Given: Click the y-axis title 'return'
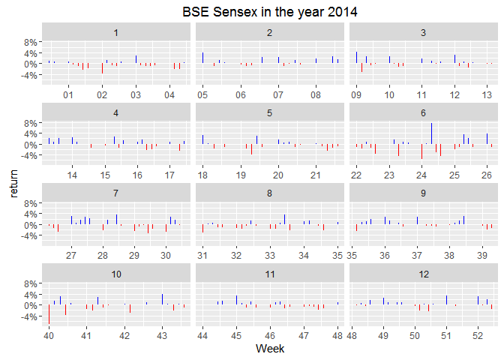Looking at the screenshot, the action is [x=13, y=184].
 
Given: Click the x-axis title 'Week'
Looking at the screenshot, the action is [x=270, y=349].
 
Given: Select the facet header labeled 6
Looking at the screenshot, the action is [x=423, y=112].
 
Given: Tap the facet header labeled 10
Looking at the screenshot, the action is [x=116, y=274].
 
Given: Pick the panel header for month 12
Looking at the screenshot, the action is [x=424, y=274].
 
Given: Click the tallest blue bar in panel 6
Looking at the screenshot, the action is [x=431, y=133].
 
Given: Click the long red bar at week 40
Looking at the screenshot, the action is [x=49, y=314].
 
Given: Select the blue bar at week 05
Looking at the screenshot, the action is [x=202, y=58].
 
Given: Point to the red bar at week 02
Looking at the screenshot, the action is [x=102, y=68].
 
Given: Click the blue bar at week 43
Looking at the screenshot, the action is [x=162, y=299].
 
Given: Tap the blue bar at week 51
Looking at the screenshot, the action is [x=446, y=300].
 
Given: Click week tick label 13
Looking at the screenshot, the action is [x=487, y=94].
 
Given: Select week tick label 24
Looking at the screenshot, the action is [x=421, y=175].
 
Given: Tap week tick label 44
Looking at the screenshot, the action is [x=202, y=335].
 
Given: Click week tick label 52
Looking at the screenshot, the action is [x=478, y=335].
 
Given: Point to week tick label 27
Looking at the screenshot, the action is [x=71, y=255].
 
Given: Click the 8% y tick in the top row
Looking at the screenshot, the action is [x=30, y=43].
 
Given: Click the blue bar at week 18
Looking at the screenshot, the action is [x=202, y=139].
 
